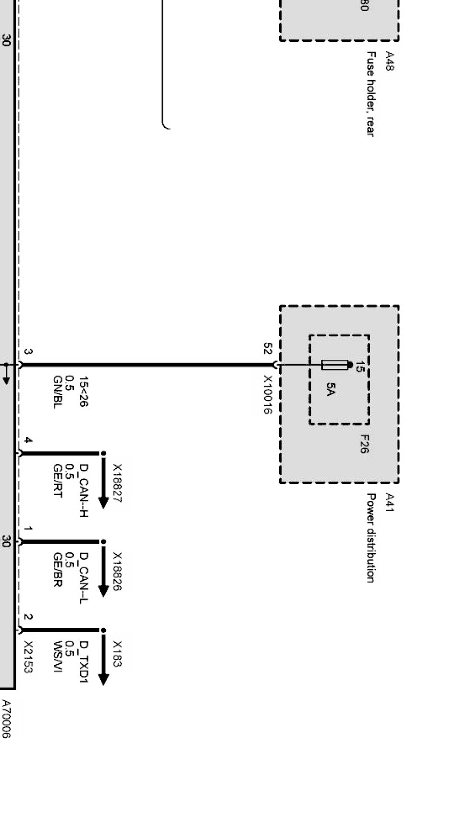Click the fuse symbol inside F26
335,365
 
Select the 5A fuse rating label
330,389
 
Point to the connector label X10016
268,395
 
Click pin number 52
268,348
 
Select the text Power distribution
370,537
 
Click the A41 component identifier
389,503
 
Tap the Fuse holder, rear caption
370,94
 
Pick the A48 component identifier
389,61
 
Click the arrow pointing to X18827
103,480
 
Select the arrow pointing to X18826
103,569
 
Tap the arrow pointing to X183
103,657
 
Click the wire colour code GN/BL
57,392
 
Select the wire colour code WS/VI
57,657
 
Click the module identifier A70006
6,719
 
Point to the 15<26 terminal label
84,392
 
